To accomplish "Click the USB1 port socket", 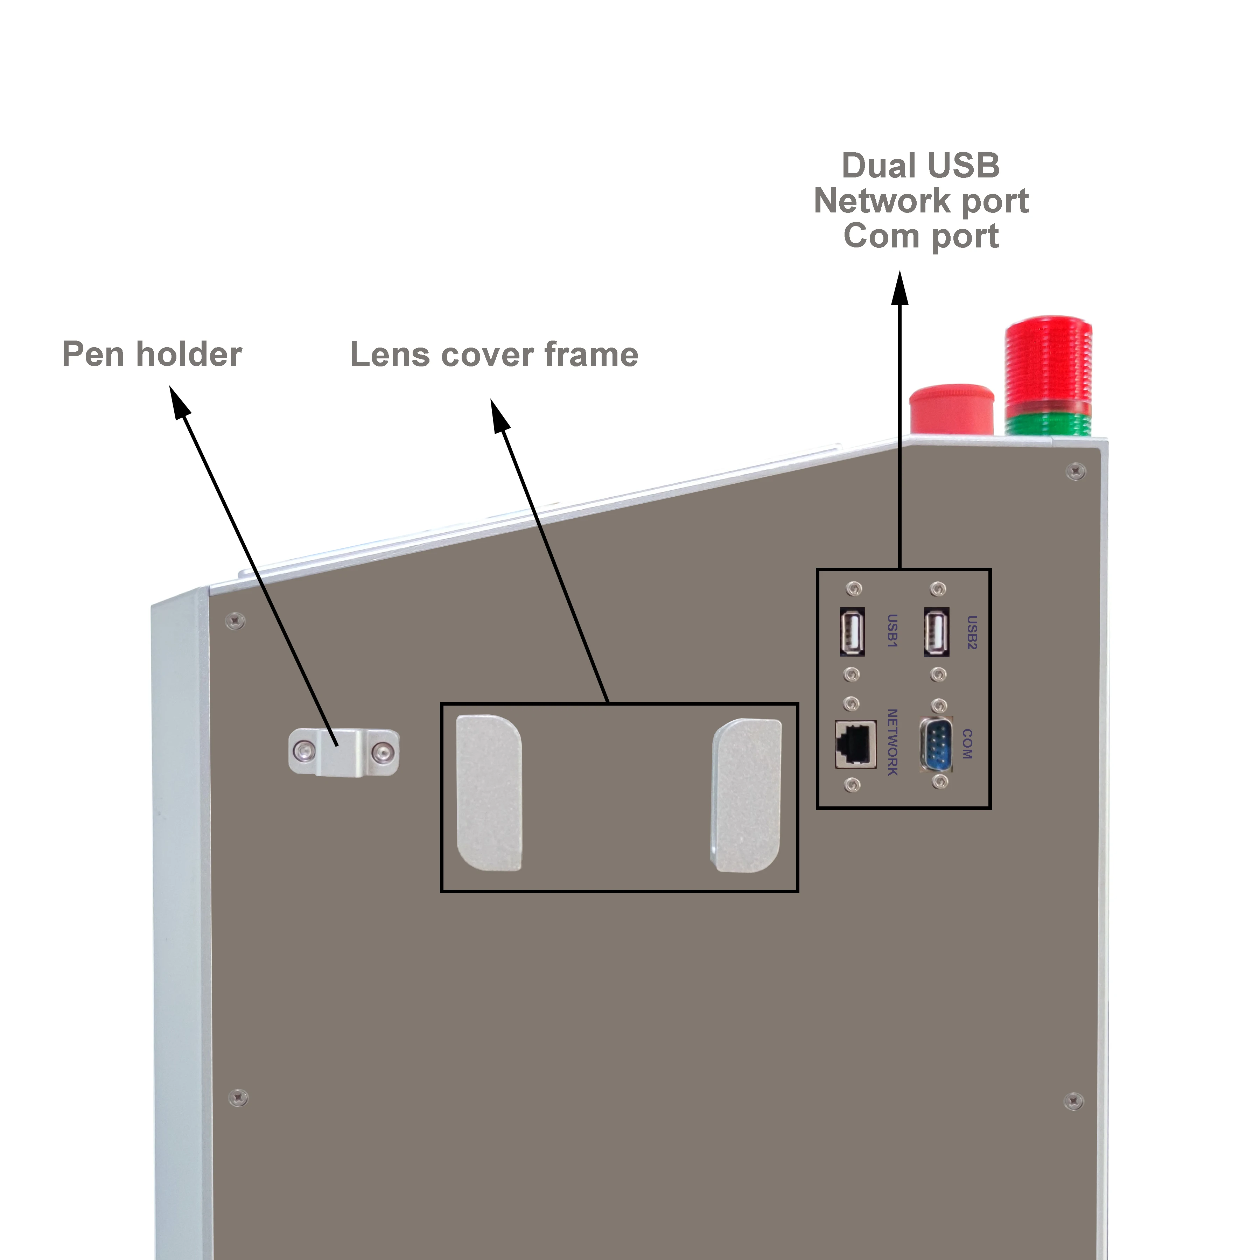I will coord(852,631).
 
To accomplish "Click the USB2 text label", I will coord(971,632).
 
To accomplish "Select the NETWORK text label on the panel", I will coord(892,742).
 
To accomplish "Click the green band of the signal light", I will coord(1048,424).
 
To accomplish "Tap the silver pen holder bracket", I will coord(344,752).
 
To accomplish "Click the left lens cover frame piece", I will coord(489,792).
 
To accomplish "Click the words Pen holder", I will coord(152,354).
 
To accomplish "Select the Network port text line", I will coord(921,201).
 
